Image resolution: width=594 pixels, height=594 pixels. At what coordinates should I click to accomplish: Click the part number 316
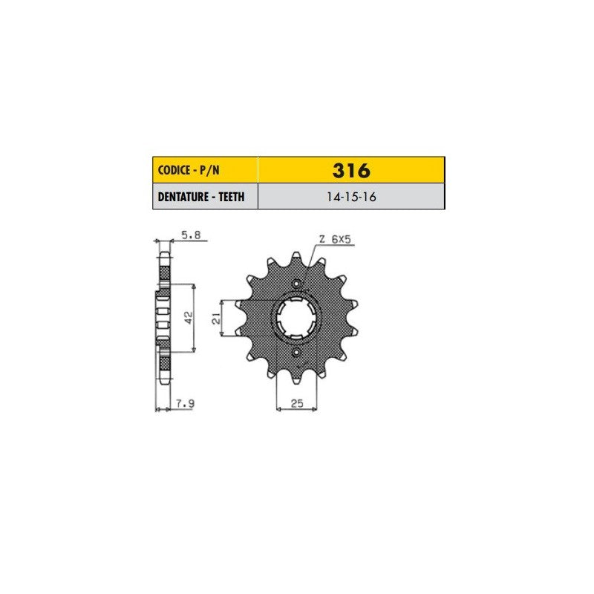[351, 171]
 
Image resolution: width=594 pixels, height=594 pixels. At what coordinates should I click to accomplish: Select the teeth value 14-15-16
[351, 197]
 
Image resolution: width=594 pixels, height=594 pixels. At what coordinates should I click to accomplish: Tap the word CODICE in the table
[174, 170]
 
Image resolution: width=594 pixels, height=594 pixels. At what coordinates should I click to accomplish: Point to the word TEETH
[232, 197]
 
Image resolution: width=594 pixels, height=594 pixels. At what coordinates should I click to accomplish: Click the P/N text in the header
[210, 170]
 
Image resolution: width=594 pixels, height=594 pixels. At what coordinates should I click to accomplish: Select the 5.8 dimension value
[191, 235]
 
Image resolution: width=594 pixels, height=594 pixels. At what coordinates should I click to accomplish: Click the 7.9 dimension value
[185, 404]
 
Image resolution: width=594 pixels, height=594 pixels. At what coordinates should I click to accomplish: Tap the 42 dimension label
[189, 319]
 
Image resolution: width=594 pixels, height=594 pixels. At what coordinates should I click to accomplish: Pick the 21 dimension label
[216, 319]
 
